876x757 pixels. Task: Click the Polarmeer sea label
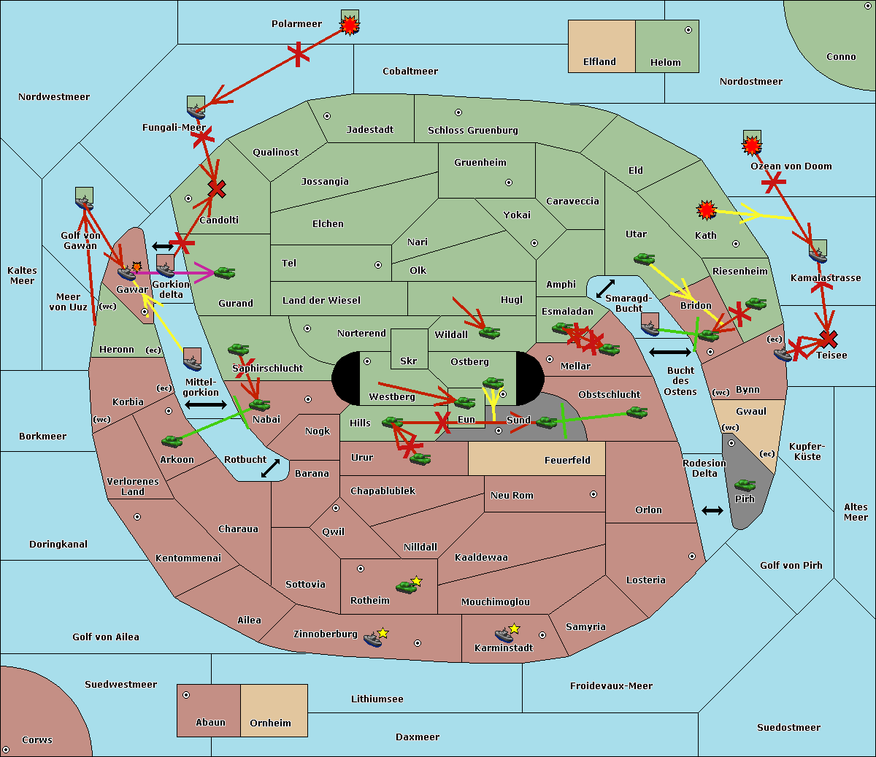coord(296,24)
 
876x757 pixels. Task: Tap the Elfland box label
coord(599,62)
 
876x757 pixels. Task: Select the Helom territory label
coord(665,62)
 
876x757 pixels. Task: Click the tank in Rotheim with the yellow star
coord(407,587)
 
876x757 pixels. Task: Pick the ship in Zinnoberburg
coord(373,639)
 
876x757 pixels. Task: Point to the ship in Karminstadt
coord(504,635)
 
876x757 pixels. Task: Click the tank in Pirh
coord(745,485)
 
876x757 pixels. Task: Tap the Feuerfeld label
coord(567,460)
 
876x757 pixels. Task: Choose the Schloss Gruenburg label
coord(473,130)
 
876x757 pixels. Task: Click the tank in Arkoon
coord(172,441)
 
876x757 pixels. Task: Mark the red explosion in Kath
coord(707,210)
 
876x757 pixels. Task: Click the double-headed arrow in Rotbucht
coord(270,468)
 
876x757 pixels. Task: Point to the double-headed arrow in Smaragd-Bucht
coord(605,288)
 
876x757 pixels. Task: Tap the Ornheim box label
coord(270,723)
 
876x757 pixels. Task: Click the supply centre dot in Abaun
coord(186,695)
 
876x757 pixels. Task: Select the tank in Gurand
coord(225,272)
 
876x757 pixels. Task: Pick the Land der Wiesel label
coord(321,301)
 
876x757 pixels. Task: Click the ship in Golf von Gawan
coord(84,202)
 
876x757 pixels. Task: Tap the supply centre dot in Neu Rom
coord(593,494)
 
